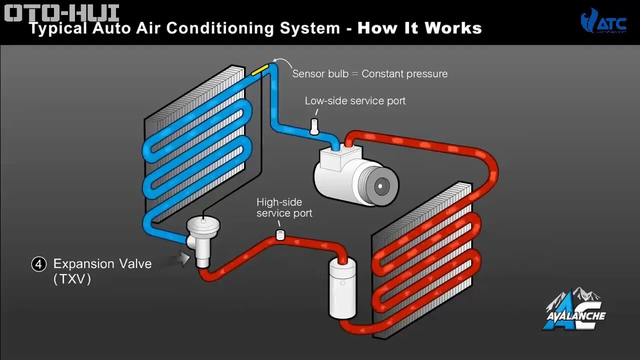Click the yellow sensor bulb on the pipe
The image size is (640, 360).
[259, 70]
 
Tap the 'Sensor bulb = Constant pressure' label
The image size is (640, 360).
[369, 74]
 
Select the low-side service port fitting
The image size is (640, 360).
[314, 126]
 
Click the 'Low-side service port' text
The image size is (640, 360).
[355, 101]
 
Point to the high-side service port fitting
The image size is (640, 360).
[280, 234]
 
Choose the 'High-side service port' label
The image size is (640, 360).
[284, 207]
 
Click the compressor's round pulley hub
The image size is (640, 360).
[380, 186]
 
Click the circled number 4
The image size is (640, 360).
[39, 264]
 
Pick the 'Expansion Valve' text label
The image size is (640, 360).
[102, 263]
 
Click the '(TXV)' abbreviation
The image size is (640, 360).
[72, 279]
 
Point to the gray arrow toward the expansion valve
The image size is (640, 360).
[180, 258]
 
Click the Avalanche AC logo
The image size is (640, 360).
[574, 310]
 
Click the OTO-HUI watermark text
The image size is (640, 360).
[61, 12]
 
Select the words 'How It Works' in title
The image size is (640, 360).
[419, 28]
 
